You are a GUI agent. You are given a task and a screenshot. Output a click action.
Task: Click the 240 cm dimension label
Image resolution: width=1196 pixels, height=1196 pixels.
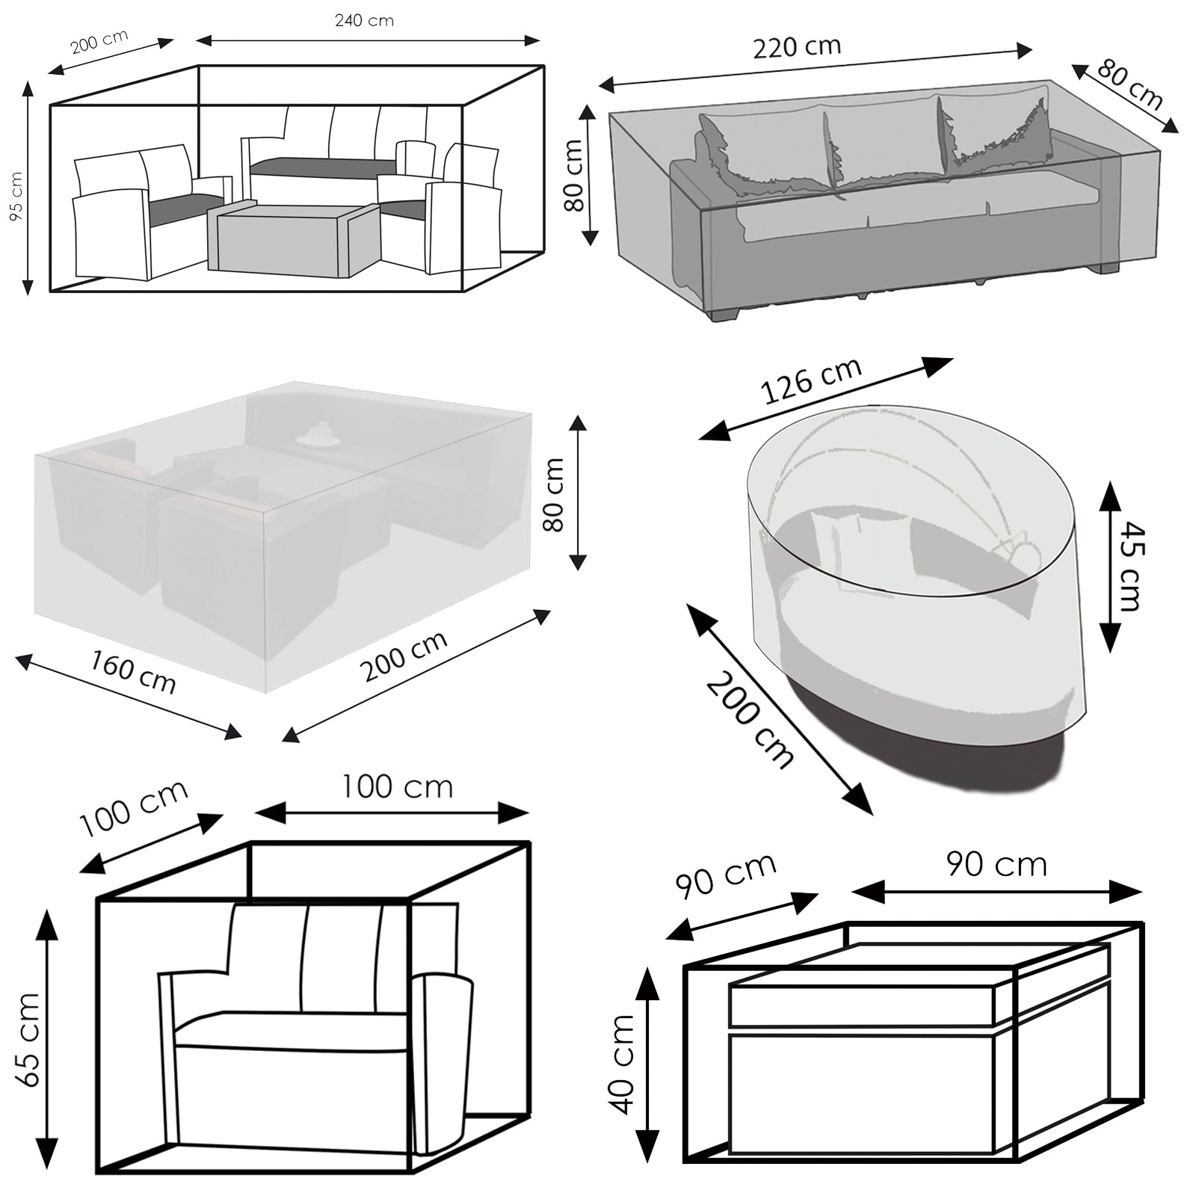coord(364,21)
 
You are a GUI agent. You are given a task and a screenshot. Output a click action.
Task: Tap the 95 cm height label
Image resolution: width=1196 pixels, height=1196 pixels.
coord(16,196)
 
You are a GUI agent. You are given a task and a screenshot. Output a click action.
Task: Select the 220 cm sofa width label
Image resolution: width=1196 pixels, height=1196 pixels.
coord(797,48)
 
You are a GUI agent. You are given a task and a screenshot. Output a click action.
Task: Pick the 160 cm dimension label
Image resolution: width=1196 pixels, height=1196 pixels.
coord(133,671)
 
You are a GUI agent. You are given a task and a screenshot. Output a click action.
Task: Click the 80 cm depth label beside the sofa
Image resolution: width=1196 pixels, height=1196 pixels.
coord(1129,86)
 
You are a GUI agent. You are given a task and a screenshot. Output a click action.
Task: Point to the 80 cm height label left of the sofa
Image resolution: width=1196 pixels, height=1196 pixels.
coord(574,176)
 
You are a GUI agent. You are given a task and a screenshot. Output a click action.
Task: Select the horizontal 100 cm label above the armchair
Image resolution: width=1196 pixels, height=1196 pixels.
coord(397,787)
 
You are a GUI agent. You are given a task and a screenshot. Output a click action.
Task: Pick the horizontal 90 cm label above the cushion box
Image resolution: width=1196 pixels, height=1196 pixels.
coord(996,865)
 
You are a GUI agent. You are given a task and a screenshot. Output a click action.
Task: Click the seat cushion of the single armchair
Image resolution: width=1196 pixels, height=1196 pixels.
coord(292,1031)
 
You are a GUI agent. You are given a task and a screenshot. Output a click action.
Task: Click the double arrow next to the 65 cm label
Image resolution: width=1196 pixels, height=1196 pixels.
coord(47,1040)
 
